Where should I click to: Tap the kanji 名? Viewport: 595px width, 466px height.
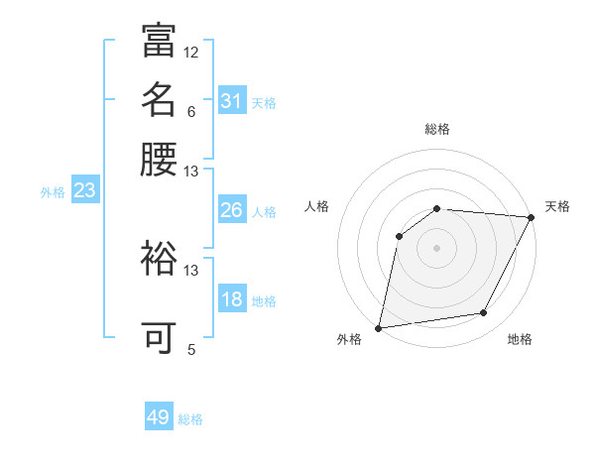[x=159, y=99]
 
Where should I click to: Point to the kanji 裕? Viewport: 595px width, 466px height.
[x=159, y=259]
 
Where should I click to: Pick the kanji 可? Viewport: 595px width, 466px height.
[x=159, y=337]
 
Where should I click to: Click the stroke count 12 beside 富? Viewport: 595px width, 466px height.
[x=191, y=52]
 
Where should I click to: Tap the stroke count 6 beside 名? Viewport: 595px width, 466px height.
[x=191, y=111]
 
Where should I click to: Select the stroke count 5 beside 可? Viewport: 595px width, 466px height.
[x=191, y=349]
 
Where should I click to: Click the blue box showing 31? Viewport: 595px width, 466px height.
[x=231, y=101]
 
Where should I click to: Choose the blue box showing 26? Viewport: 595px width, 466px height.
[x=231, y=210]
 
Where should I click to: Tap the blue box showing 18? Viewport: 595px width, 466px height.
[x=231, y=299]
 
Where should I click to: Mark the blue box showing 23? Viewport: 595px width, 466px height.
[x=84, y=190]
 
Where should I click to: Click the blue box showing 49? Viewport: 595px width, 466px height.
[x=159, y=417]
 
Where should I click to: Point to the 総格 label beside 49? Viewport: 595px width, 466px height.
[x=191, y=419]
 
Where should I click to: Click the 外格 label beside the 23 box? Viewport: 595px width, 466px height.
[x=53, y=192]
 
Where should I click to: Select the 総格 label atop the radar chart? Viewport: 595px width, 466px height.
[x=437, y=130]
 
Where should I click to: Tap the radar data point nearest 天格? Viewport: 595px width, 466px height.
[x=531, y=217]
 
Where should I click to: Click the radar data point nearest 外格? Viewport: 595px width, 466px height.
[x=379, y=327]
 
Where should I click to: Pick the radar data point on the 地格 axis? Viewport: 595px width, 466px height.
[x=484, y=312]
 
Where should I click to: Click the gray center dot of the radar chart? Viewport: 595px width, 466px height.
[x=436, y=247]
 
